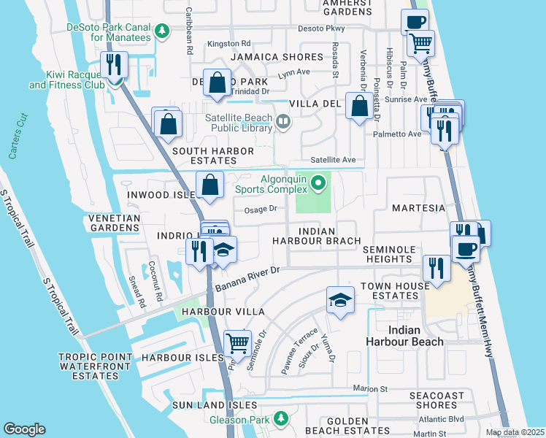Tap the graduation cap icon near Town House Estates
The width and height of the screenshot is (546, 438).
click(x=339, y=300)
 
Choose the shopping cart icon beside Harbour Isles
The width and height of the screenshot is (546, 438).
click(x=238, y=343)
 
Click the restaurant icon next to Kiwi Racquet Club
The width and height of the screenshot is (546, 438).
click(x=114, y=65)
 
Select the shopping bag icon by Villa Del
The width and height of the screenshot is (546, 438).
click(x=359, y=107)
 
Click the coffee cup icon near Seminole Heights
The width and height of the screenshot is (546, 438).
click(x=464, y=249)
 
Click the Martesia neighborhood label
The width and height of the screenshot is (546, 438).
click(x=418, y=208)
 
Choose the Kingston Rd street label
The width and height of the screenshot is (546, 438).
click(x=228, y=44)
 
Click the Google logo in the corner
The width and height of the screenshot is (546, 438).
click(x=25, y=429)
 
